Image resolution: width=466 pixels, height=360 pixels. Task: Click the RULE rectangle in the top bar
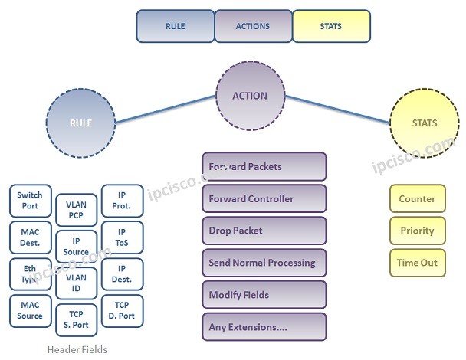(x=176, y=26)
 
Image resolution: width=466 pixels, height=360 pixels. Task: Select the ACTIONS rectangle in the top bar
(x=253, y=26)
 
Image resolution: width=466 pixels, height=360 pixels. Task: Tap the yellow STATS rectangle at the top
(x=331, y=26)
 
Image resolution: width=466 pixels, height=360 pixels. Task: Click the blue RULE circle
(x=80, y=123)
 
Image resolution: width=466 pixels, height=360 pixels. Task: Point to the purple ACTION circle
(x=250, y=96)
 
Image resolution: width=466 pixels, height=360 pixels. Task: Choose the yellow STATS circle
(x=424, y=123)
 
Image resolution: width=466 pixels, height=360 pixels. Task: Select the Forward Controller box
(x=264, y=199)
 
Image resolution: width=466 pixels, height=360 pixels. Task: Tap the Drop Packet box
(x=264, y=231)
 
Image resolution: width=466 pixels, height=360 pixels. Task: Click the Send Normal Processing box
(x=264, y=263)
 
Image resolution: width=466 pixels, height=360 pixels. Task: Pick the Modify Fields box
(x=264, y=295)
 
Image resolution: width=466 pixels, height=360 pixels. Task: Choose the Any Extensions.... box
(x=264, y=327)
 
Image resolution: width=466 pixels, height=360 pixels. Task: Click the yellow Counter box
(x=417, y=199)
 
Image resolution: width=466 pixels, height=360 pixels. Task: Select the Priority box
(x=417, y=231)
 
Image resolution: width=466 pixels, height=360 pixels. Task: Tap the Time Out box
(x=417, y=263)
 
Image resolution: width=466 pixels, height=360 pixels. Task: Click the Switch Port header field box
(x=30, y=201)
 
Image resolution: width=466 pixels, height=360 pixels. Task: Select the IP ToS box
(x=122, y=237)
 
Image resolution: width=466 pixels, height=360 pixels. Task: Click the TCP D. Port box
(x=122, y=310)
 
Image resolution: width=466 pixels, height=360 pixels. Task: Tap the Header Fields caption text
(x=77, y=349)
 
